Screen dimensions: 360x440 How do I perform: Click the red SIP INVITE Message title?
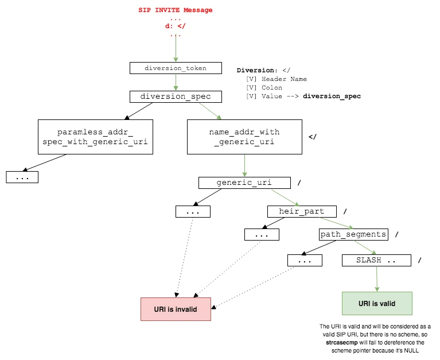175,10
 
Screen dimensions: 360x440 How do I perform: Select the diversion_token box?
175,68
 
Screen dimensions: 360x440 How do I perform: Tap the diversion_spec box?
175,96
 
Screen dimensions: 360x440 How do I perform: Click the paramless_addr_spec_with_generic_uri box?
95,137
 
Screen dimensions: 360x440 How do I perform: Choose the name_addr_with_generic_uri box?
244,137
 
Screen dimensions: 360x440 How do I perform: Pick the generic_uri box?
244,183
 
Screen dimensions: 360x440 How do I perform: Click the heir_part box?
301,211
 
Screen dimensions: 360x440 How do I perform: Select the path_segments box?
353,234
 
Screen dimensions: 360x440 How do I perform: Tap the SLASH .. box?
376,260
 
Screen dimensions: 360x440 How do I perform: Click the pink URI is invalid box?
176,309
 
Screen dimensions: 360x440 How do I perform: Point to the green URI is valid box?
376,303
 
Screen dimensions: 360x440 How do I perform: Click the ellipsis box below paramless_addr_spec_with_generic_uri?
22,177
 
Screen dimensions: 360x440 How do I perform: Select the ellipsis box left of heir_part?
262,234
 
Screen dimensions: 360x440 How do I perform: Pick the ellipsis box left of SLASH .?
305,260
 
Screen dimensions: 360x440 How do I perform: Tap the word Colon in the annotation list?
271,88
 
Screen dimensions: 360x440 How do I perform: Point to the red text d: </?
175,26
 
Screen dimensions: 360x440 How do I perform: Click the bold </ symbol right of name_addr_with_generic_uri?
313,137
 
